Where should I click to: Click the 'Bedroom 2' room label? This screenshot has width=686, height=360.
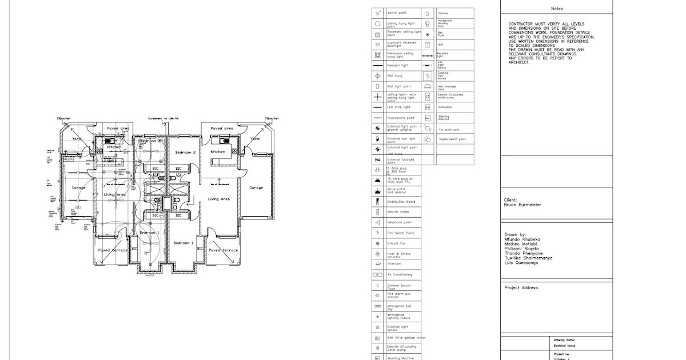coord(185,153)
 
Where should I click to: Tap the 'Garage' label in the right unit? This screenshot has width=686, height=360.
coord(257,187)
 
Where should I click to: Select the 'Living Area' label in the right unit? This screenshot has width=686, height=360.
coord(218,199)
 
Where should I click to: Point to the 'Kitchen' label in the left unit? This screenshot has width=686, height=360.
coord(115,147)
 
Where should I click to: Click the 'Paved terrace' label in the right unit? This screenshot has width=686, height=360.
coord(223,250)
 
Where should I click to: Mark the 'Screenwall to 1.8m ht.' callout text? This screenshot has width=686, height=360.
coord(163,119)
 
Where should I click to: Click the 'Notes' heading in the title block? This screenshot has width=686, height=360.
coord(556,9)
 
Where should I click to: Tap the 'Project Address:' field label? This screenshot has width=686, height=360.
coord(521,288)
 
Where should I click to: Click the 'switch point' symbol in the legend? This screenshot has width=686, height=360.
coord(377,13)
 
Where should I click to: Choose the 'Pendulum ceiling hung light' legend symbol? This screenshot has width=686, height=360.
coord(377,55)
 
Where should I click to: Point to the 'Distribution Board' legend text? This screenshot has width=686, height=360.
coord(401,202)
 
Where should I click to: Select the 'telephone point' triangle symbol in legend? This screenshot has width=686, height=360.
coord(377,222)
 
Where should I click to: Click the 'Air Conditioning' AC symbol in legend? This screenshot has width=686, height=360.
coord(377,275)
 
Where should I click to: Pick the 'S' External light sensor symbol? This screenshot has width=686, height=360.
coord(427,76)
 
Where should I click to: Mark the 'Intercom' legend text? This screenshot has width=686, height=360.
coord(395,264)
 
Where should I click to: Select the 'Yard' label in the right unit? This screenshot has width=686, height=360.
coord(255,138)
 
